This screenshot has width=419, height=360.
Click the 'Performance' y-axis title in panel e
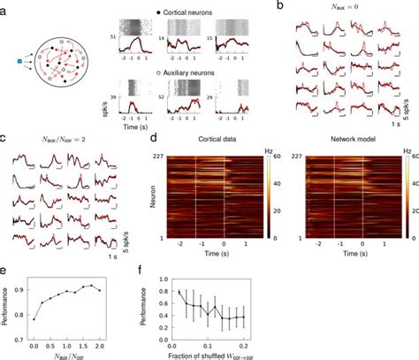tap(6, 310)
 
